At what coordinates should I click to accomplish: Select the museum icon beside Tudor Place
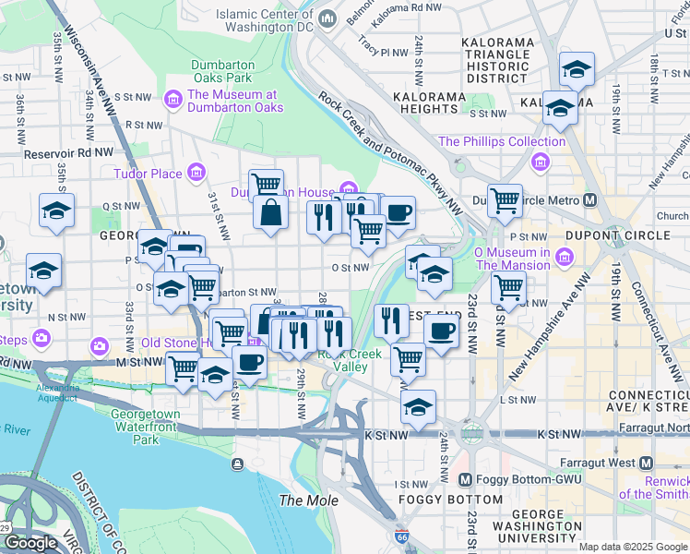pos(195,173)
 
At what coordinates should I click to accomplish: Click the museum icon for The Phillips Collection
pos(540,163)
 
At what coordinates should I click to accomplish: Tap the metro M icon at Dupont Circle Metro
pos(589,199)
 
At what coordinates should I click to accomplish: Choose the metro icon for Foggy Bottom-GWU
pos(466,479)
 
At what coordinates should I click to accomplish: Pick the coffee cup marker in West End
pos(441,331)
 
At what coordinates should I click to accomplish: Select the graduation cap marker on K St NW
pos(418,406)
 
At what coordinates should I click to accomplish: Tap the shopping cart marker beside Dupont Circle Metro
pos(505,200)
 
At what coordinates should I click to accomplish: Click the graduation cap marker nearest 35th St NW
pos(57,211)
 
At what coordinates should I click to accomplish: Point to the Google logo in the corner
pos(30,543)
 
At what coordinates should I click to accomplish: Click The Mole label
pos(308,500)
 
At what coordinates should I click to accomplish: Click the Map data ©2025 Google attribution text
pos(632,547)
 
